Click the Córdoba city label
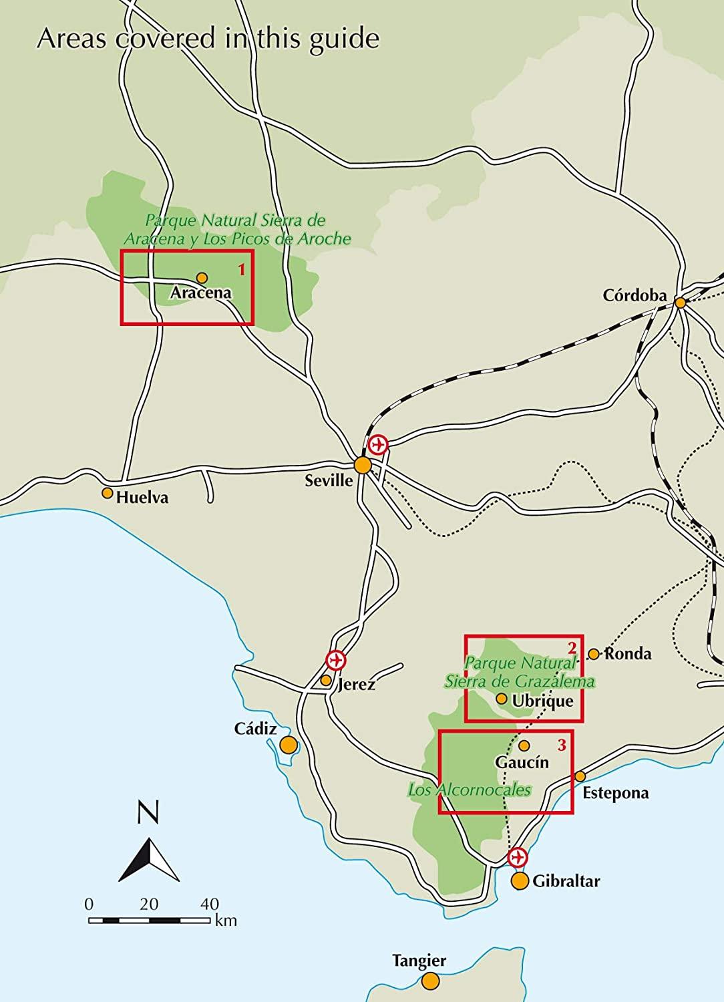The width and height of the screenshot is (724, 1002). coord(635,295)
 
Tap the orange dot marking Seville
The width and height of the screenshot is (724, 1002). coord(363,465)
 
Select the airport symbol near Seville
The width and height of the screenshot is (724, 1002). coord(378,444)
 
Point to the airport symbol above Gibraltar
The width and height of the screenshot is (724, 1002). coord(518,857)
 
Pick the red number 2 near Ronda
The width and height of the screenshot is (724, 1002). coord(572,647)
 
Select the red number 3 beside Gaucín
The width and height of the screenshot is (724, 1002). coord(562,743)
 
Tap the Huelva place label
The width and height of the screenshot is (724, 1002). coord(142,498)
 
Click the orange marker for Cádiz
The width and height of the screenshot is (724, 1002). coord(289,745)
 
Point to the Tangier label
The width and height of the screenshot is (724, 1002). coord(419,961)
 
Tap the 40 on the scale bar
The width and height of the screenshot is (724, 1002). coord(209,904)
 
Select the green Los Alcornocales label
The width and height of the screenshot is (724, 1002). coord(470,790)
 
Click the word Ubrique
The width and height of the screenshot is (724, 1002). coord(542,701)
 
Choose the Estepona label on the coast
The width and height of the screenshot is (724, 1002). coord(615,793)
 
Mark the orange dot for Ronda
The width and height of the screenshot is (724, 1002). coord(594,653)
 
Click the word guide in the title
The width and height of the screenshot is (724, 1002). coord(345,39)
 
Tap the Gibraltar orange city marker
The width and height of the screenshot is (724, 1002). coord(520,880)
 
